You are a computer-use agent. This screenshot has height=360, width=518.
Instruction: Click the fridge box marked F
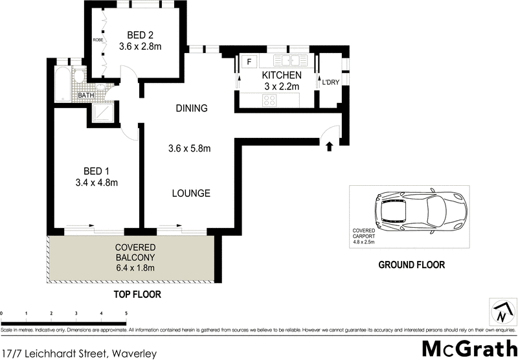(249, 62)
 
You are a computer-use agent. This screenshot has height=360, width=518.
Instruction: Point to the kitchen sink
(289, 61)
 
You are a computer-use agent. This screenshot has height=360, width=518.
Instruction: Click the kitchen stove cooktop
(270, 100)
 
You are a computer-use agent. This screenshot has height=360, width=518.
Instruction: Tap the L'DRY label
(330, 83)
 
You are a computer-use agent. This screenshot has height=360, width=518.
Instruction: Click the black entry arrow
(329, 146)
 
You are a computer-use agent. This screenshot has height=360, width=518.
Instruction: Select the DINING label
(191, 108)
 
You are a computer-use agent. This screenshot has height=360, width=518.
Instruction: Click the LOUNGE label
(191, 193)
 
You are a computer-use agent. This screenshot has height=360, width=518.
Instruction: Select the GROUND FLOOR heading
(412, 265)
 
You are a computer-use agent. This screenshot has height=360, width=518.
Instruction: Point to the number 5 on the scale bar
(126, 313)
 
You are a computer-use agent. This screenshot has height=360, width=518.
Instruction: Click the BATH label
(85, 96)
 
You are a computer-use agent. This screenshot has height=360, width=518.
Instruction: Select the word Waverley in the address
(134, 354)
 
